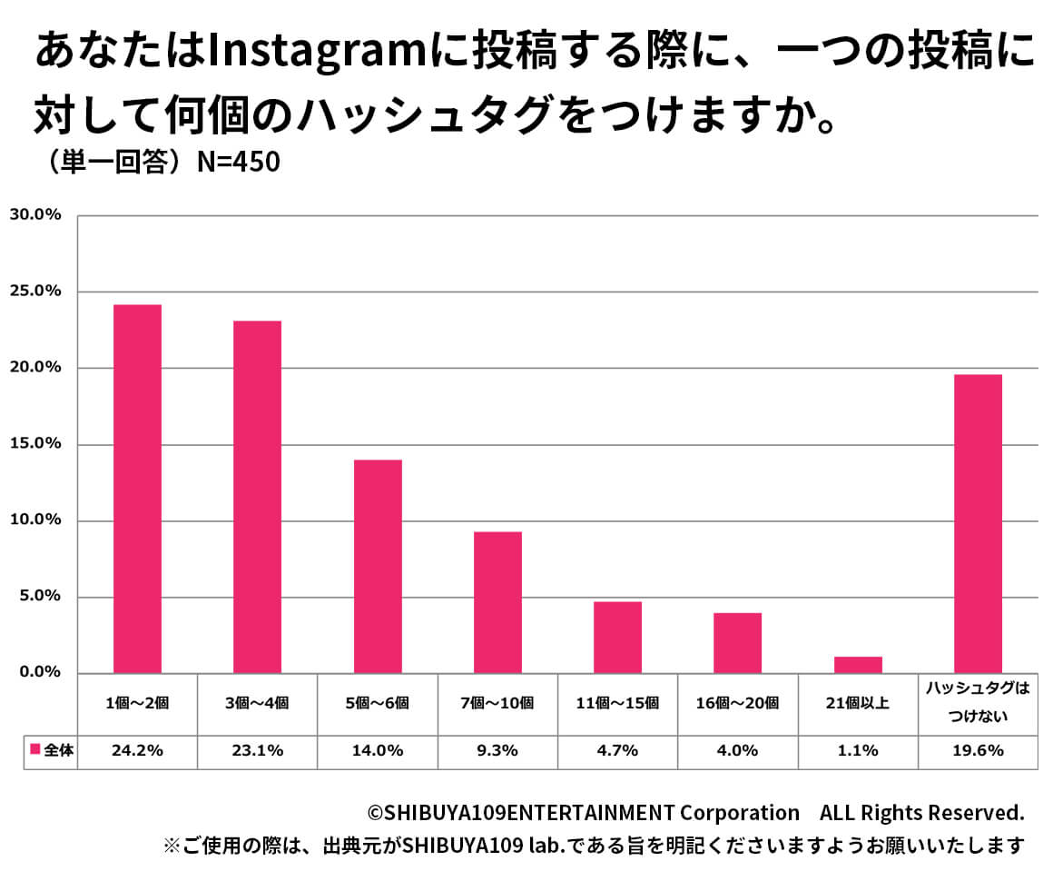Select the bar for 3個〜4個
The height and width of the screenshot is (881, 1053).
pyautogui.click(x=257, y=497)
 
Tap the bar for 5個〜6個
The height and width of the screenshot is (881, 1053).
pyautogui.click(x=378, y=566)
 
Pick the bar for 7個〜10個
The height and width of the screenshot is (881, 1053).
pyautogui.click(x=497, y=602)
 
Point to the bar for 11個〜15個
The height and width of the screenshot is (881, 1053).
pyautogui.click(x=617, y=637)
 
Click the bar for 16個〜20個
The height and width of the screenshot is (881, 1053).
pyautogui.click(x=737, y=642)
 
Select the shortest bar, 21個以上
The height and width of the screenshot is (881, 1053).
pyautogui.click(x=858, y=664)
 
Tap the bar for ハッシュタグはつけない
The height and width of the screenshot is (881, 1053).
pyautogui.click(x=978, y=523)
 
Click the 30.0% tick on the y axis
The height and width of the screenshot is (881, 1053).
pyautogui.click(x=34, y=215)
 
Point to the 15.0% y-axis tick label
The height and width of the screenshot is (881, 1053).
pyautogui.click(x=34, y=444)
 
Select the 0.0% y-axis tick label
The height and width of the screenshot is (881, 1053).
pyautogui.click(x=38, y=673)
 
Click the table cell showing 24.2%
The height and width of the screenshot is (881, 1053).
pyautogui.click(x=137, y=750)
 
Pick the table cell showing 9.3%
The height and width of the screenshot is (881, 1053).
pyautogui.click(x=497, y=750)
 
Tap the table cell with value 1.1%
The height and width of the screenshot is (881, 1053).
pyautogui.click(x=858, y=750)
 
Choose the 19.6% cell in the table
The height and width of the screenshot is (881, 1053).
pyautogui.click(x=978, y=750)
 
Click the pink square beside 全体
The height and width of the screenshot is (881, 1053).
pyautogui.click(x=34, y=750)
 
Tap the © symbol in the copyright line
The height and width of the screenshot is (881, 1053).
pyautogui.click(x=375, y=812)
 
